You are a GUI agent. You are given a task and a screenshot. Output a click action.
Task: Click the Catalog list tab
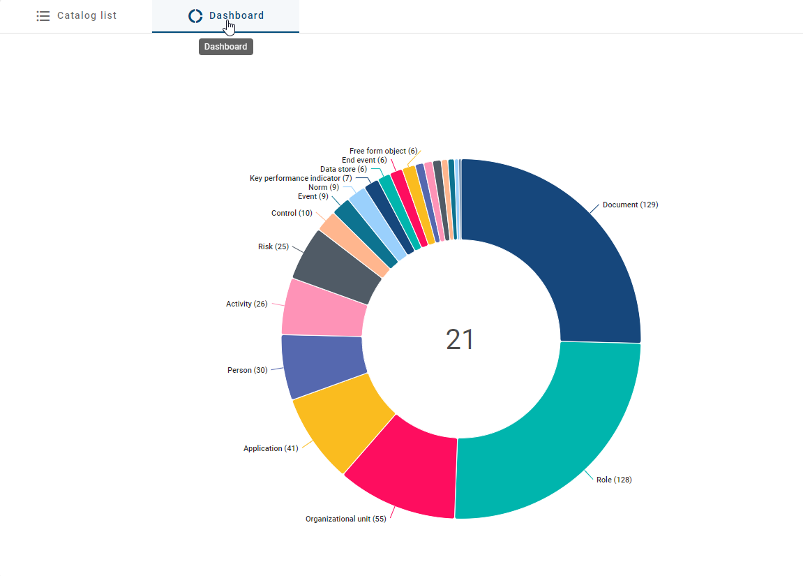pyautogui.click(x=77, y=15)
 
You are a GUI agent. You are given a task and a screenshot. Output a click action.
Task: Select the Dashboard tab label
pyautogui.click(x=237, y=15)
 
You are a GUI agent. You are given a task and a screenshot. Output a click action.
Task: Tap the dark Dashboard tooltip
pyautogui.click(x=225, y=47)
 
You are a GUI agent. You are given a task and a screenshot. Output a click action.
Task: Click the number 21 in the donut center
pyautogui.click(x=460, y=339)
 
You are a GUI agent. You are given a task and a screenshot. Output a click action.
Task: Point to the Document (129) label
pyautogui.click(x=630, y=205)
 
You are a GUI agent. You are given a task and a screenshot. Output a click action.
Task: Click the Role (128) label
pyautogui.click(x=614, y=480)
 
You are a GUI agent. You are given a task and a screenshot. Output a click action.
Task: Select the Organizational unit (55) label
pyautogui.click(x=345, y=519)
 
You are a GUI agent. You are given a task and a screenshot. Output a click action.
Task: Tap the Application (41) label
pyautogui.click(x=271, y=448)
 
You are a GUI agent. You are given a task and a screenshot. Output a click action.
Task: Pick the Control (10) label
pyautogui.click(x=292, y=213)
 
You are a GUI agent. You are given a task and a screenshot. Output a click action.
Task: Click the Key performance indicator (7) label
pyautogui.click(x=301, y=178)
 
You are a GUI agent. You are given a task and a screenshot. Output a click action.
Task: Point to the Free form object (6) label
pyautogui.click(x=383, y=151)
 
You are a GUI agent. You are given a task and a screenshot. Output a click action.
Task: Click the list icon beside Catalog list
pyautogui.click(x=43, y=16)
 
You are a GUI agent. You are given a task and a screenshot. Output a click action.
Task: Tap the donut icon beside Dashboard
pyautogui.click(x=195, y=16)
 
